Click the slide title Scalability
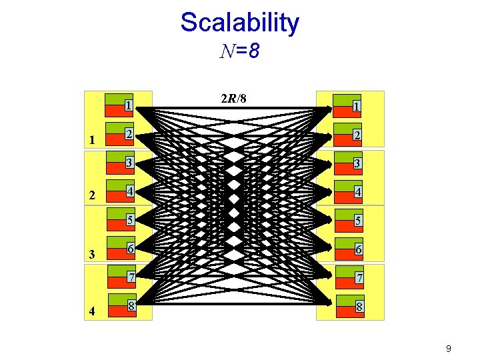239,23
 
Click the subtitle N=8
239,51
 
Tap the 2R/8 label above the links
233,99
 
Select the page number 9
449,348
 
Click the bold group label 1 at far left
93,140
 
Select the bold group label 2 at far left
93,197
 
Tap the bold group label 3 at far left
93,254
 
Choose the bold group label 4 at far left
93,311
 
